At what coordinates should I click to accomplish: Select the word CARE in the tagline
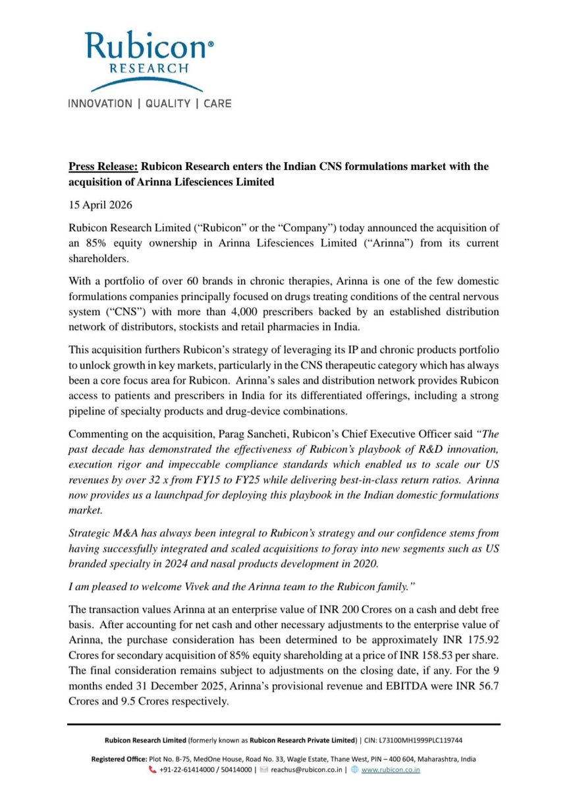217,103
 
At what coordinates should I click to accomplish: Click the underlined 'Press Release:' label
102,167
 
